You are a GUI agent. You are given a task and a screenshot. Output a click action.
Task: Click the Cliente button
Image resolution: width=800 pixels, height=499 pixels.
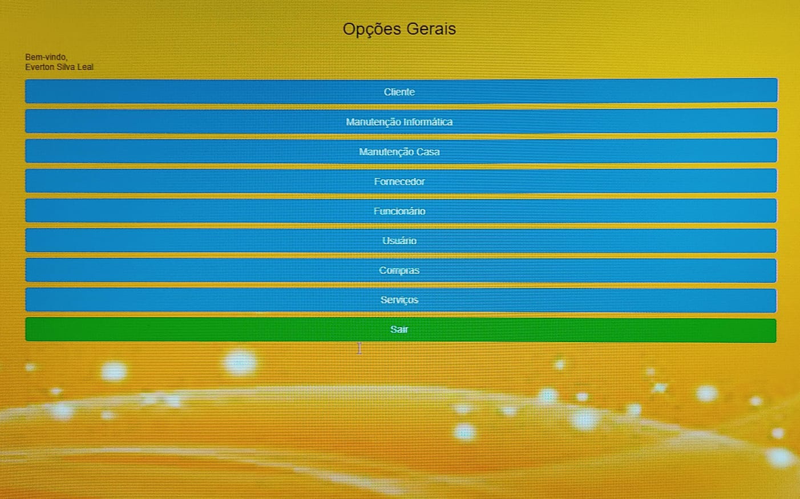tap(401, 91)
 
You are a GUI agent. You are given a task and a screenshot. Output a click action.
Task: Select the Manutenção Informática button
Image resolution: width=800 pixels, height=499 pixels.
tap(401, 121)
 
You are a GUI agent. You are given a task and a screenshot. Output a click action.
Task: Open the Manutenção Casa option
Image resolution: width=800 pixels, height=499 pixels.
tap(401, 151)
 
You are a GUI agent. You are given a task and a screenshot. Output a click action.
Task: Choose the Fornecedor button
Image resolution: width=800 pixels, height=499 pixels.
tap(401, 181)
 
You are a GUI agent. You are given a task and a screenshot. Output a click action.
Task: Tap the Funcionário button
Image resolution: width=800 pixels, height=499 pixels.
tap(401, 210)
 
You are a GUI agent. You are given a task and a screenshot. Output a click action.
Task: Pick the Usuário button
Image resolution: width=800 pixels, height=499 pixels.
tap(401, 241)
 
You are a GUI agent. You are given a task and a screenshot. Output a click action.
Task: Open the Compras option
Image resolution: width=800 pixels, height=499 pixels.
tap(401, 270)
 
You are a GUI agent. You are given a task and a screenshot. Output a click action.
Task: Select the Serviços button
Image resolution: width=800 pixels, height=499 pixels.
tap(401, 300)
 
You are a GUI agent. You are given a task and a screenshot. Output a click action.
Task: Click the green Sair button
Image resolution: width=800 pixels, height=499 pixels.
tap(401, 330)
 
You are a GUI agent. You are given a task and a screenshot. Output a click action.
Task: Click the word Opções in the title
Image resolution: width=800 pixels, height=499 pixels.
tap(372, 30)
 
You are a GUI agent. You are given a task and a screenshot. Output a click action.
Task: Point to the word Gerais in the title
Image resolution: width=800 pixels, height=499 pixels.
tap(431, 29)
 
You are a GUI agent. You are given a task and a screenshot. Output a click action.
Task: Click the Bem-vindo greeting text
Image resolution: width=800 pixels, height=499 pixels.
tap(46, 57)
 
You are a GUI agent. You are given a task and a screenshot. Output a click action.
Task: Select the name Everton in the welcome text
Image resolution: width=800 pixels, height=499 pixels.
tap(39, 67)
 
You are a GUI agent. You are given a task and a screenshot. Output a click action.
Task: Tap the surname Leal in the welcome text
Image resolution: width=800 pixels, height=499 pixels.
tap(85, 67)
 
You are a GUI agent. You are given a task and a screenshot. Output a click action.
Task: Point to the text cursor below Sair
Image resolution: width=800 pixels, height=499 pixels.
tap(359, 348)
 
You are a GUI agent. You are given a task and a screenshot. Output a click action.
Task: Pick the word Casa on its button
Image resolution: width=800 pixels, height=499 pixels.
tap(428, 152)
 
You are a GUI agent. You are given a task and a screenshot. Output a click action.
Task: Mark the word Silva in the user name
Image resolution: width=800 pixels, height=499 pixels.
tap(66, 67)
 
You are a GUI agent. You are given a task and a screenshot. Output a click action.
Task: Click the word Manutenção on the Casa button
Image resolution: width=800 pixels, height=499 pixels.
tap(385, 152)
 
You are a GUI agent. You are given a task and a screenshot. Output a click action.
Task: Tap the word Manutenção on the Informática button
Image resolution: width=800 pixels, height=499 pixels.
tap(372, 122)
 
